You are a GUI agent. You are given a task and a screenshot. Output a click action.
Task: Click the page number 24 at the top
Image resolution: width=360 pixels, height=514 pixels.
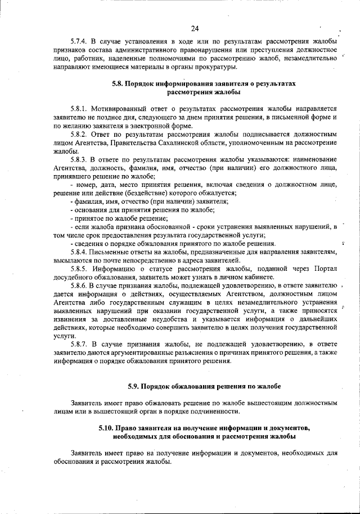195,29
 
